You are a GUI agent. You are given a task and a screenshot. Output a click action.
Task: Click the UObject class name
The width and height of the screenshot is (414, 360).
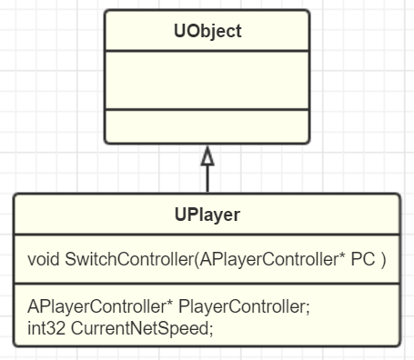coord(207,32)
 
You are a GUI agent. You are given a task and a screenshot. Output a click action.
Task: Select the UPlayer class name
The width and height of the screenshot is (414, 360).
coord(207,215)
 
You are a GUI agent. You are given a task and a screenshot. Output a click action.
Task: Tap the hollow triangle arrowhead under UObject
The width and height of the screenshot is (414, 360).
coord(207,156)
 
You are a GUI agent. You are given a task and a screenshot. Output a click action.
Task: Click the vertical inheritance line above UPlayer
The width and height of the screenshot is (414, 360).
coord(207,179)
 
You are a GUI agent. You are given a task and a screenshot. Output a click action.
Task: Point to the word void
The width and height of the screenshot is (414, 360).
coord(44,260)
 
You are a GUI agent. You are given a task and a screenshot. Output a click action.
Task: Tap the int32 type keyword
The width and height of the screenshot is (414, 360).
coord(45,327)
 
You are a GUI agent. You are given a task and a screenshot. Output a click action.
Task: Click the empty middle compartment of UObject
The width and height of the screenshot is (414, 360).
coord(207,80)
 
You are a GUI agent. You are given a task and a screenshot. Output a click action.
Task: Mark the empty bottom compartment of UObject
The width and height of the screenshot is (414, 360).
coord(207,125)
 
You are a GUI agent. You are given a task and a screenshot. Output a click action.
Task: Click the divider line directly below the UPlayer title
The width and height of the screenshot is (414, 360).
coord(207,237)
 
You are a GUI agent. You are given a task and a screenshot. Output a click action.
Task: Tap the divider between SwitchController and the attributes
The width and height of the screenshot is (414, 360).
coord(207,284)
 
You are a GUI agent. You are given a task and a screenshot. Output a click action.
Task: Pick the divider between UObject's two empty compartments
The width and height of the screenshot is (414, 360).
coord(207,109)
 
